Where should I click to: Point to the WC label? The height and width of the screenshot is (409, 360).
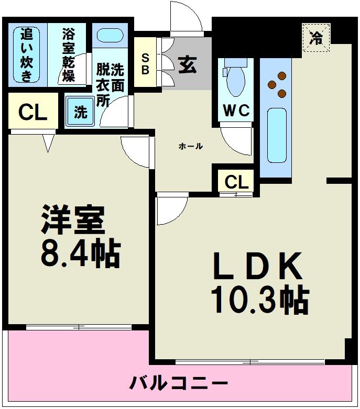(236, 110)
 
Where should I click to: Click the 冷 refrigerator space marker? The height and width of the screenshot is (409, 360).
(316, 38)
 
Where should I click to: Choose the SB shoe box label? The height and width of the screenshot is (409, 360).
(145, 62)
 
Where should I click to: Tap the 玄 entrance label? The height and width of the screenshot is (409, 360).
(187, 65)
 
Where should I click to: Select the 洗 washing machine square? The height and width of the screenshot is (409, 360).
(80, 112)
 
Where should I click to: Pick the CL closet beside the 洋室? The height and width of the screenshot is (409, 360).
(32, 113)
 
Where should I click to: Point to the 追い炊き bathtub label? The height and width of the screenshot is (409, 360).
(27, 55)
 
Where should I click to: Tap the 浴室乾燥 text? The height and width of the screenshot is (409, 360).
(68, 55)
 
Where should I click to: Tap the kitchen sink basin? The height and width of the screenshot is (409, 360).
(276, 135)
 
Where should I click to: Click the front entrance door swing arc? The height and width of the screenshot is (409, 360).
(186, 18)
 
